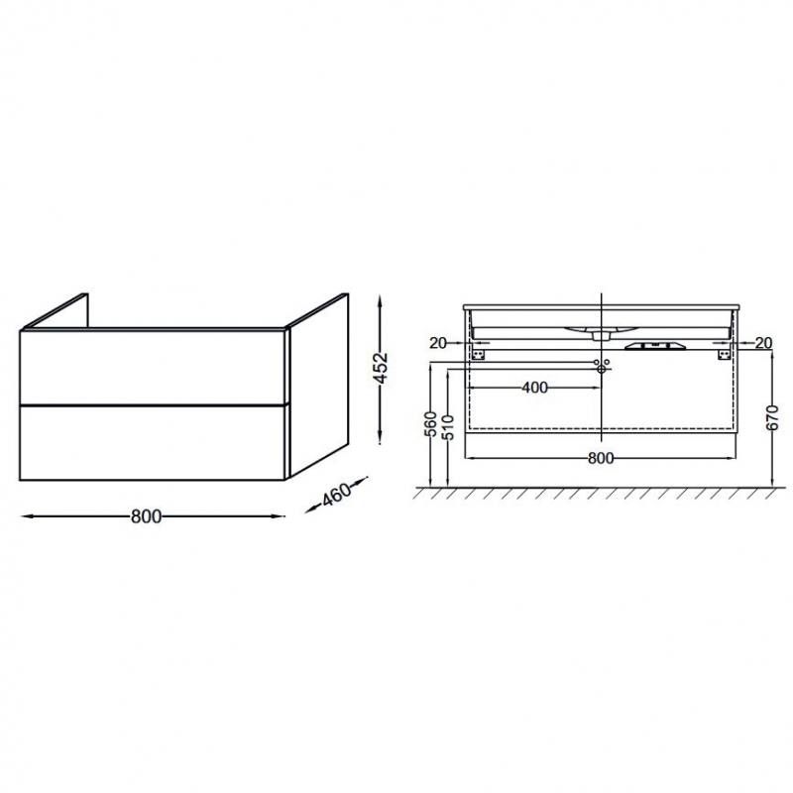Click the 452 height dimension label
pos(383,368)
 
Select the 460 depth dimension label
pos(337,495)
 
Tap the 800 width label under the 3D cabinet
pos(146,516)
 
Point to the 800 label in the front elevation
pos(601,458)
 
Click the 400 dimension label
pos(534,388)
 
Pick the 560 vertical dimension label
pos(430,424)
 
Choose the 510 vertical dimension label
pos(449,427)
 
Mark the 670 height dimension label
pos(772,417)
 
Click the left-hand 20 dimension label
pos(438,343)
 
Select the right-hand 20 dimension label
pos(763,343)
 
